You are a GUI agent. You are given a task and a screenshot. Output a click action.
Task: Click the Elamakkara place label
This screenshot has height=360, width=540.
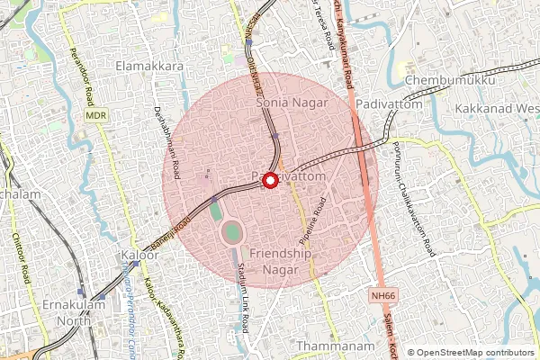(x=150, y=67)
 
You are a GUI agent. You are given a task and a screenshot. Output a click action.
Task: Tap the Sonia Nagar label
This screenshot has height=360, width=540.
(x=284, y=103)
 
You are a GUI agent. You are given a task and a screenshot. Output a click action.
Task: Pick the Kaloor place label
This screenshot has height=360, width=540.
(x=139, y=256)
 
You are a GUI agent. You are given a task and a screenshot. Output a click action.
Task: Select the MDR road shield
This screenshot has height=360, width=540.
(x=95, y=116)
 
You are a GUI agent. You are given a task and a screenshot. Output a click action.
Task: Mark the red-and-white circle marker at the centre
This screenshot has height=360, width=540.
(x=269, y=180)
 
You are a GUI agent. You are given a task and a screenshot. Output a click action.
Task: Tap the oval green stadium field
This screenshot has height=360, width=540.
(x=232, y=233)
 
